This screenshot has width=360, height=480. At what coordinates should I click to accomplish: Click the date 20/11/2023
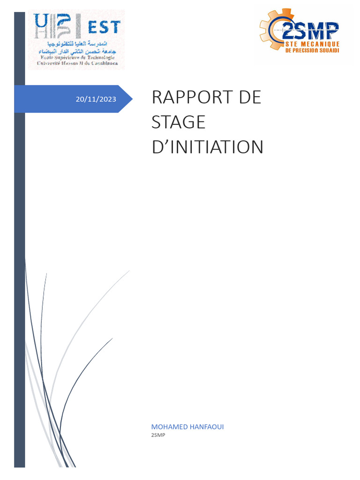coord(96,99)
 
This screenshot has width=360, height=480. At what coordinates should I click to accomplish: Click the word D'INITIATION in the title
coord(208,147)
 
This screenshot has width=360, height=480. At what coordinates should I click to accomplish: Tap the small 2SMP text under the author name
coord(158,435)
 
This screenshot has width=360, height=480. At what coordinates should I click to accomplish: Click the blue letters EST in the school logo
coord(104,27)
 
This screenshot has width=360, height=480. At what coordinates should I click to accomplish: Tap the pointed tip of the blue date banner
coord(131,99)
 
